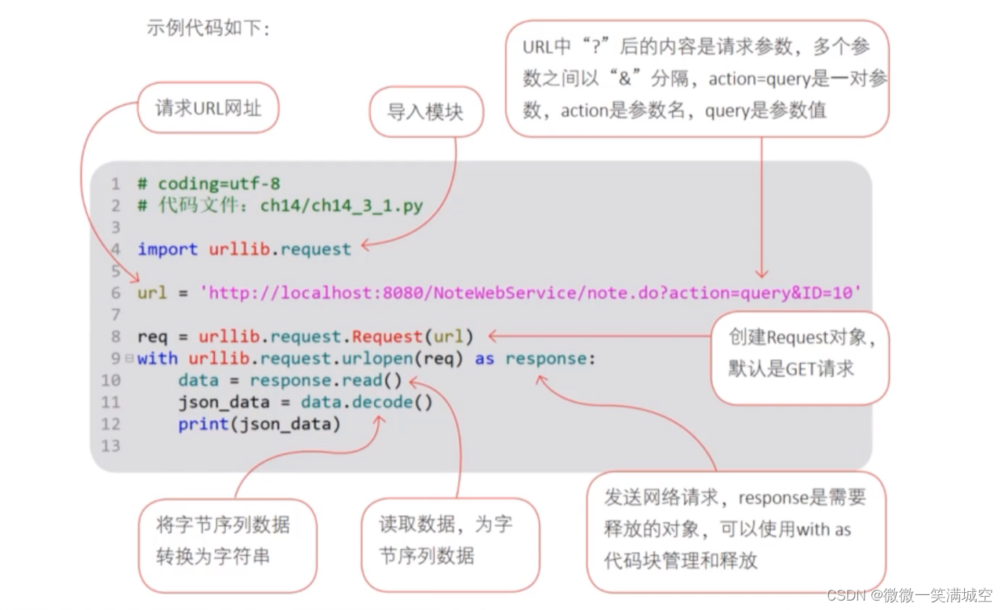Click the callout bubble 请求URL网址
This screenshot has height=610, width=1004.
tap(208, 107)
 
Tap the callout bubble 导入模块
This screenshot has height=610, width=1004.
tap(425, 111)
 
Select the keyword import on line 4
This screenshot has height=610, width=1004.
tap(167, 249)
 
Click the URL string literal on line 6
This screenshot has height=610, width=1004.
tap(531, 293)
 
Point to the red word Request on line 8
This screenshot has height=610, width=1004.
tap(387, 336)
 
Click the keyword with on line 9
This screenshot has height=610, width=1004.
tap(158, 358)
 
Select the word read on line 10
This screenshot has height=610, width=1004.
tap(362, 380)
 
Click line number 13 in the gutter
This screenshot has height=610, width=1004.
tap(111, 446)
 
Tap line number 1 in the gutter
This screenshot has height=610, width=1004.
tap(115, 183)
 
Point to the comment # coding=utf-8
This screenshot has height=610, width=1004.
tap(209, 183)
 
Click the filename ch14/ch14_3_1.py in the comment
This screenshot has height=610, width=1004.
tap(341, 205)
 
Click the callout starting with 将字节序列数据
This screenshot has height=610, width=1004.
tap(226, 541)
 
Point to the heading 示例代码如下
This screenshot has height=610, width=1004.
tap(209, 28)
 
